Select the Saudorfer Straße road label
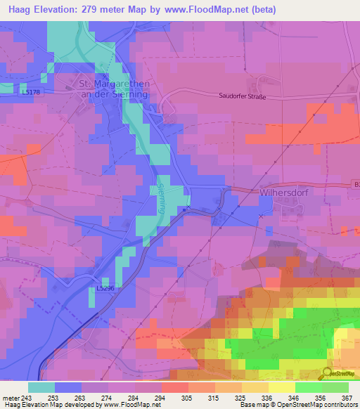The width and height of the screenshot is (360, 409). click(x=243, y=96)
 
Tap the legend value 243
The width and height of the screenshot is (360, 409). click(x=27, y=397)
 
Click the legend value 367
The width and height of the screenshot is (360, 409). click(x=347, y=397)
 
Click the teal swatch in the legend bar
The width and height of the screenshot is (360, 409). click(x=41, y=387)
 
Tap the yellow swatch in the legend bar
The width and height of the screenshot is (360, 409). click(x=282, y=387)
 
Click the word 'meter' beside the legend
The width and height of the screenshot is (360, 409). click(x=10, y=397)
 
